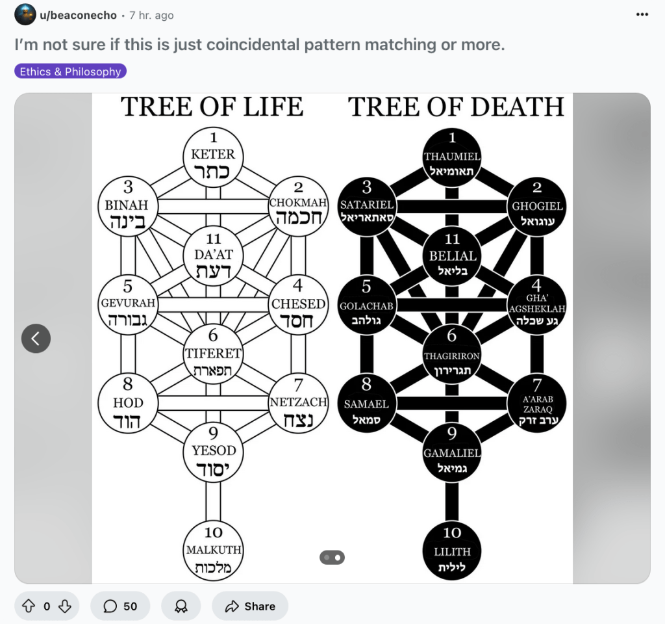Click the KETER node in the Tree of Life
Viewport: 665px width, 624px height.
213,157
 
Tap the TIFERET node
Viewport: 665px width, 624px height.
213,355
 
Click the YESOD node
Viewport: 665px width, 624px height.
213,451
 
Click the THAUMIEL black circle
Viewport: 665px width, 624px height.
452,157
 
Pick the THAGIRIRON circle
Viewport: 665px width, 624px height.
452,355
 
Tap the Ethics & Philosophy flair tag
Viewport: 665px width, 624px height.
70,71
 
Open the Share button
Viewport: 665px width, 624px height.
250,606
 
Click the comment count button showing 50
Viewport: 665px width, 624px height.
121,606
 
